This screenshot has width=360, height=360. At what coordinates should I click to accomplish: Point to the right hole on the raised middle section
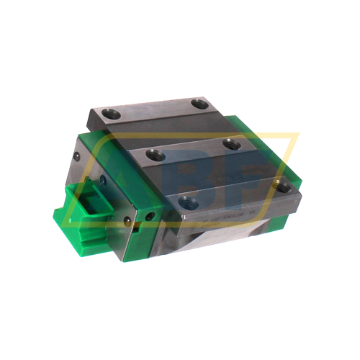231,144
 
